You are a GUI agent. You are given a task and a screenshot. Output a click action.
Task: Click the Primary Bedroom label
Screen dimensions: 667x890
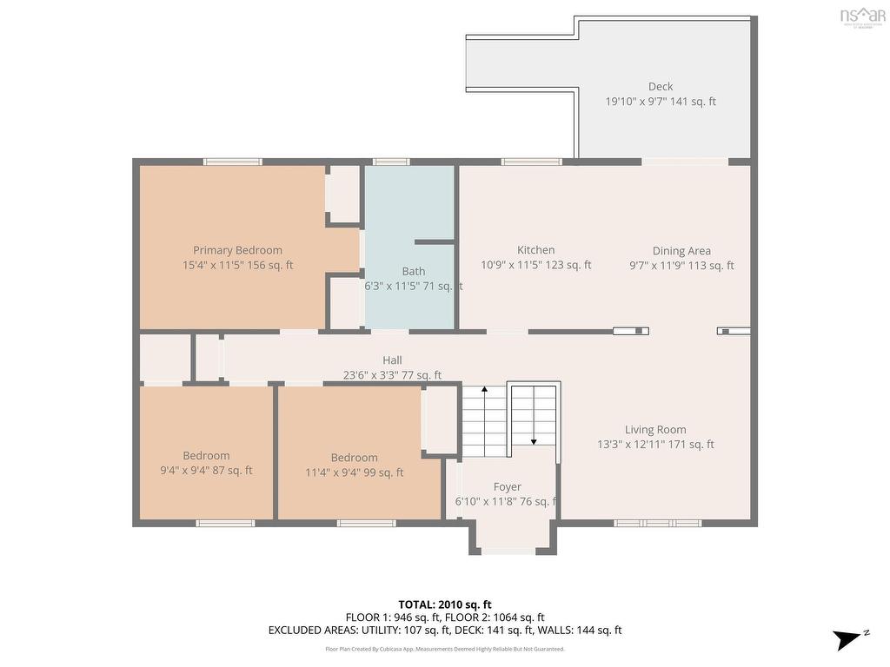coord(237,250)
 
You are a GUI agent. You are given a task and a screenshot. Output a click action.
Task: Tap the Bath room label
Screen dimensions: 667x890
coord(414,271)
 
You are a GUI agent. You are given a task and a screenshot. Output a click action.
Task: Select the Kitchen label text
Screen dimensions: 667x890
coord(535,250)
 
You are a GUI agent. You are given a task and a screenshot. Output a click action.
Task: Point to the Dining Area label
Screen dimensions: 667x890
coord(681,251)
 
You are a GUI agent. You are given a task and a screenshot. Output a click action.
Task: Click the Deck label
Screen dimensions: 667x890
coord(661,86)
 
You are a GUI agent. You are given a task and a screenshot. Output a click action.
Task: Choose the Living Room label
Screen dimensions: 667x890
coord(655,429)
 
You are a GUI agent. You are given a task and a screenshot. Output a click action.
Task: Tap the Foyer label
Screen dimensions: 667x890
coord(507,487)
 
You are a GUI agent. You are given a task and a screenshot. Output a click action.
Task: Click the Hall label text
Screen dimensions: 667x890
coord(392,360)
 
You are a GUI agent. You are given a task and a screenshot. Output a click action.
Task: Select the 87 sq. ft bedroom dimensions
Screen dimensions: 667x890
coord(206,471)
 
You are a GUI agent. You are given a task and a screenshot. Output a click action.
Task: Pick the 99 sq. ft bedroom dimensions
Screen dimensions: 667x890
coord(354,472)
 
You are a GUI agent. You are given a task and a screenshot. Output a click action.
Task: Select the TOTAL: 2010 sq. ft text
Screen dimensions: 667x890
coord(445,604)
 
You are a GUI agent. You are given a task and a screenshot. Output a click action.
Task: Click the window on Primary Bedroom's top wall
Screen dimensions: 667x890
coord(233,162)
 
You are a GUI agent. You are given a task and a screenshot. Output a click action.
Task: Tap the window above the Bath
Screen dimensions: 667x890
coord(391,162)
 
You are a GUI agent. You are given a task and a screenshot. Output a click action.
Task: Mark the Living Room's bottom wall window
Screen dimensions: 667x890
coord(657,523)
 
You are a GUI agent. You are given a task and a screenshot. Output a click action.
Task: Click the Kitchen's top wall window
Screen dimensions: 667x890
coord(531,162)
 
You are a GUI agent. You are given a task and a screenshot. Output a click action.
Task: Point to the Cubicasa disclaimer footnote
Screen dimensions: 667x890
coord(445,649)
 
